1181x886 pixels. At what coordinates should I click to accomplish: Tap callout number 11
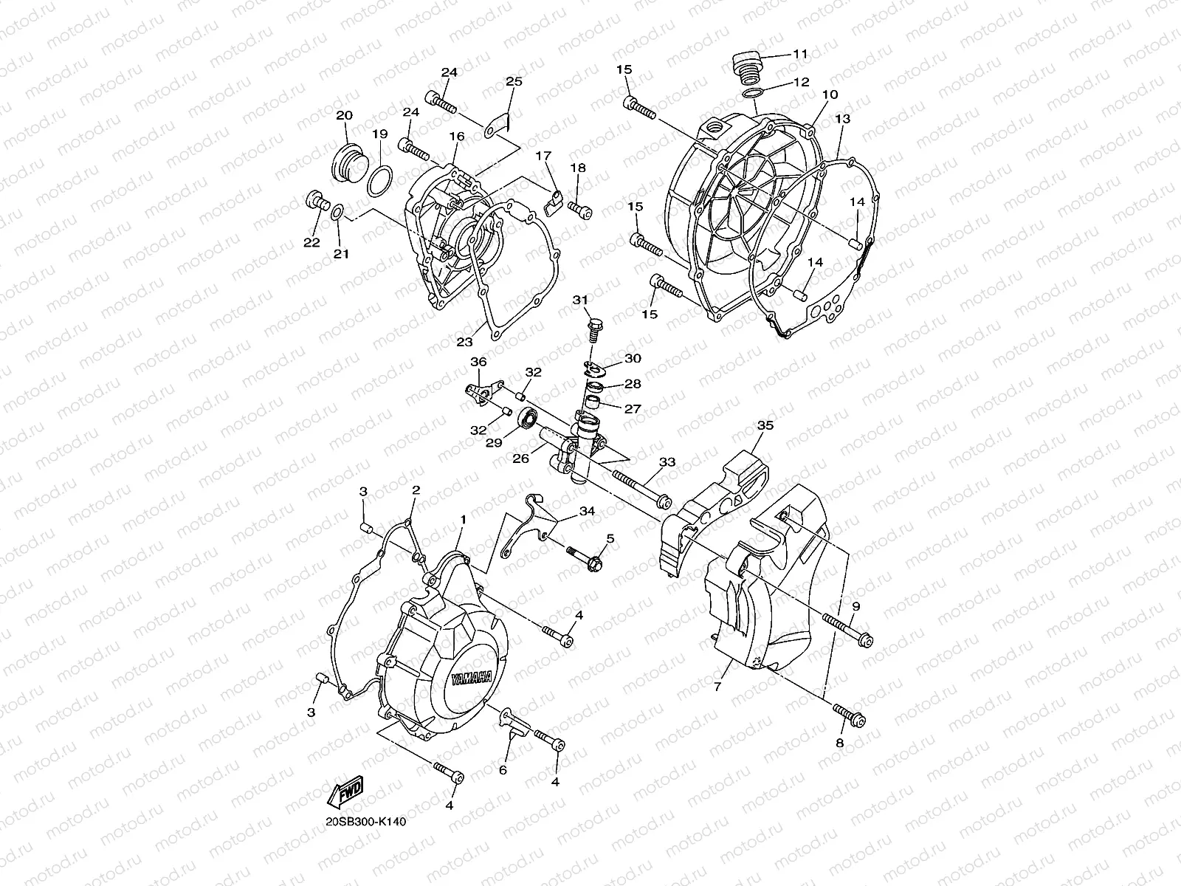coord(801,53)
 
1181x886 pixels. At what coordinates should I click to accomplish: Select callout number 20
coord(344,116)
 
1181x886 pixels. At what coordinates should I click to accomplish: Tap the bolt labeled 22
coord(316,201)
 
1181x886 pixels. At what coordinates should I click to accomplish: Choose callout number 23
coord(464,341)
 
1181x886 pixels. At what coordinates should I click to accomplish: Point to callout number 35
coord(765,425)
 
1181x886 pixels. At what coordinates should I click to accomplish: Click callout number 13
coord(843,118)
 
